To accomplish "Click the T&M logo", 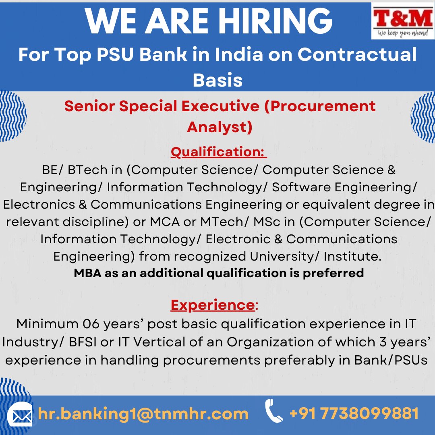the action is [x=403, y=21].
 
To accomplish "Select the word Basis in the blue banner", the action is [x=218, y=80].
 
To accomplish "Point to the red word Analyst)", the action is [x=220, y=127].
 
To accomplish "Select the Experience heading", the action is [x=213, y=305].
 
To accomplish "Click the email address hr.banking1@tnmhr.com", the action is [x=143, y=414].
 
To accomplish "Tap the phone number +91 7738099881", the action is [x=354, y=413].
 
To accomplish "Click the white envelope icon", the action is [x=20, y=415].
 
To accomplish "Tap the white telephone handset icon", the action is [x=273, y=411].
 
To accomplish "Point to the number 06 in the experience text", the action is [x=91, y=324].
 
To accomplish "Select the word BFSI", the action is [x=83, y=342].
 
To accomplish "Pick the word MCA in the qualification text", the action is [x=165, y=222].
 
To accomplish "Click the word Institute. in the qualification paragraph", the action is [x=352, y=256].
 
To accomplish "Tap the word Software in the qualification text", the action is [x=301, y=187].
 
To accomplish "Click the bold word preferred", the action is [x=333, y=273].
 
